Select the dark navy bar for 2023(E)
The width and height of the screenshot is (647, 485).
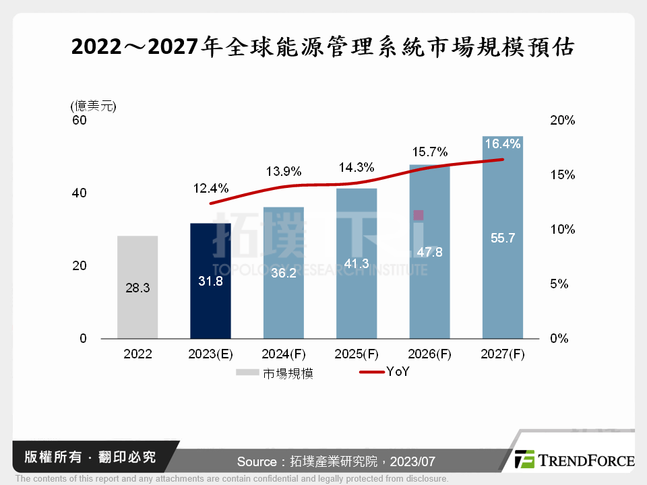(210, 280)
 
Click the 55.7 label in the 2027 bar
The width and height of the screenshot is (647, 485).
(502, 237)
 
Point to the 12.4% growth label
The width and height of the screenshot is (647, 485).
(212, 187)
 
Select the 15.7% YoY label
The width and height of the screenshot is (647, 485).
(430, 152)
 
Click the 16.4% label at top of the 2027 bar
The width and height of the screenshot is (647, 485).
(502, 143)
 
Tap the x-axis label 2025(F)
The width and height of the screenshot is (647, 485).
(357, 354)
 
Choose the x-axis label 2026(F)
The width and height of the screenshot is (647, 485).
(429, 354)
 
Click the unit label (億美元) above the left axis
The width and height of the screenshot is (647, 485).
(93, 105)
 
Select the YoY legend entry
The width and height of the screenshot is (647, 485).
(384, 372)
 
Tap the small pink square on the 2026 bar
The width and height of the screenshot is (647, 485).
(419, 215)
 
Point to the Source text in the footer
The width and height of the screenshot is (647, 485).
(336, 461)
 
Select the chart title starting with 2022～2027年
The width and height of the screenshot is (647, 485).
(323, 48)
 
